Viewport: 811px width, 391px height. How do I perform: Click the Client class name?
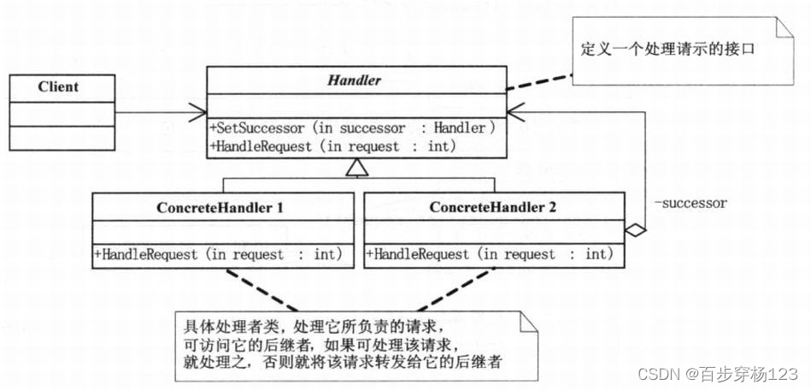58,87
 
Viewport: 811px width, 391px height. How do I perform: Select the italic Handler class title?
354,82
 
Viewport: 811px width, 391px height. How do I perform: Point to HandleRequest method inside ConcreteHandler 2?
490,254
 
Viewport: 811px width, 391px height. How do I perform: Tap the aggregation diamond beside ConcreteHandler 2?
634,228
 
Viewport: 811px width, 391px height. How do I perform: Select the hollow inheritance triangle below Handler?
354,171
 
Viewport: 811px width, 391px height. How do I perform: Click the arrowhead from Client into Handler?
199,111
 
